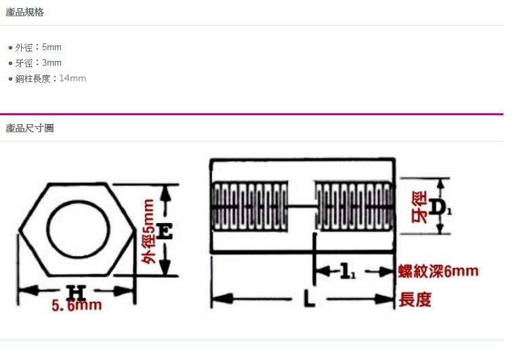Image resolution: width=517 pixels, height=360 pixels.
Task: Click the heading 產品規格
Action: coord(24,12)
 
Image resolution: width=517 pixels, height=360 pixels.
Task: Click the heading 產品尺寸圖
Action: coord(30,128)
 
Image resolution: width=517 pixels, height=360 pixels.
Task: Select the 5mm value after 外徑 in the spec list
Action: coord(51,47)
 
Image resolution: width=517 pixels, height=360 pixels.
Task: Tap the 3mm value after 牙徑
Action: coord(51,62)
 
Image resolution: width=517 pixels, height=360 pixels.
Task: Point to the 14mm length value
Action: coord(73,78)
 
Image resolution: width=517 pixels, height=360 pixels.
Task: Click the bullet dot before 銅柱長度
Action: coord(10,79)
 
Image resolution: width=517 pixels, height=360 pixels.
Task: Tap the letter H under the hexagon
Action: coord(76,293)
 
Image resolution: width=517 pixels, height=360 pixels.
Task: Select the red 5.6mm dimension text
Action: coord(77,305)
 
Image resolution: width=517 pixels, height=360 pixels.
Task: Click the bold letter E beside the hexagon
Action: coord(164,231)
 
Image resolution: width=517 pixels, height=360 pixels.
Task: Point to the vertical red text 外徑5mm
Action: coord(148,231)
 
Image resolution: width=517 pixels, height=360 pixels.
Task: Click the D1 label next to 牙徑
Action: coord(440,207)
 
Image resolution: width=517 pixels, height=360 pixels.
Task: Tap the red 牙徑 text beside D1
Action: coord(419,207)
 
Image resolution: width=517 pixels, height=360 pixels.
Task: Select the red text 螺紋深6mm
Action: coord(438,271)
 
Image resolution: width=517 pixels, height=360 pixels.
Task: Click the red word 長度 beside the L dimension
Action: coord(415,300)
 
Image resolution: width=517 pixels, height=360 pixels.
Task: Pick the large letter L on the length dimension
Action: coord(309,298)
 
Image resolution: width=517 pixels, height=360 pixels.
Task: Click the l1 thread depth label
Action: coord(347,271)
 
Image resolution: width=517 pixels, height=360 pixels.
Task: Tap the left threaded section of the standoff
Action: coord(249,207)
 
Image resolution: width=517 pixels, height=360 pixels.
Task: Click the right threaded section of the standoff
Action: coord(354,207)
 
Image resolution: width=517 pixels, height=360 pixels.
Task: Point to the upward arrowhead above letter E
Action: coord(165,193)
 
